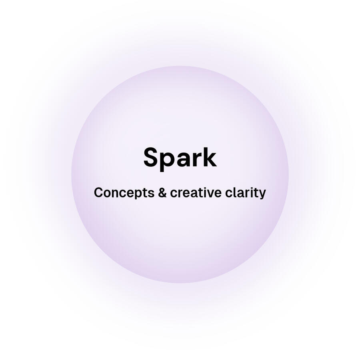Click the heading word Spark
180,158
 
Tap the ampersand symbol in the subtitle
162,192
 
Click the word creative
195,192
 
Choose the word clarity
245,193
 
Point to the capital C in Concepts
98,192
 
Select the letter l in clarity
234,192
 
